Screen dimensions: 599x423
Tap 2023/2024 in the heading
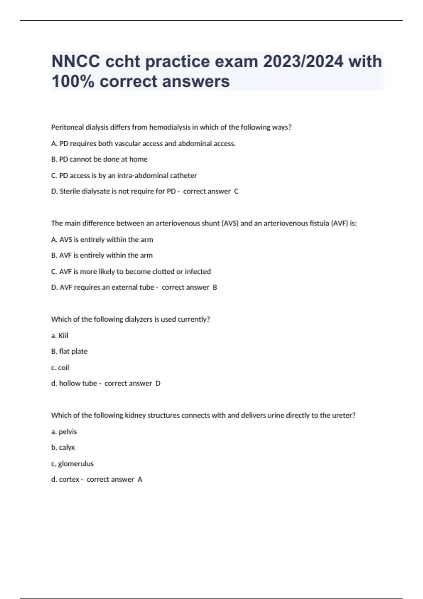tap(303, 62)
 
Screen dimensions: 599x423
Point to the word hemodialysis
tap(170, 127)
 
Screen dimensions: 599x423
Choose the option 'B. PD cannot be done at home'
tap(99, 159)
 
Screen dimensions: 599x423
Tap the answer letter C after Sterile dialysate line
tap(236, 191)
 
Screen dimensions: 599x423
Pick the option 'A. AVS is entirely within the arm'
tap(102, 240)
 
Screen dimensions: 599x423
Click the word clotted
tap(163, 272)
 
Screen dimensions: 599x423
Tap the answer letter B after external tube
tap(215, 288)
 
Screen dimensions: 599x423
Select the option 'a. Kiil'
tap(60, 336)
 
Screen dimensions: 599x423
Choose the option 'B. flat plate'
tap(69, 351)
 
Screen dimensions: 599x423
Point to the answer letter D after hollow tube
tap(158, 383)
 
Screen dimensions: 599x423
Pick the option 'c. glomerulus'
tap(72, 464)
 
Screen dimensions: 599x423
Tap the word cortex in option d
tap(69, 480)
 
